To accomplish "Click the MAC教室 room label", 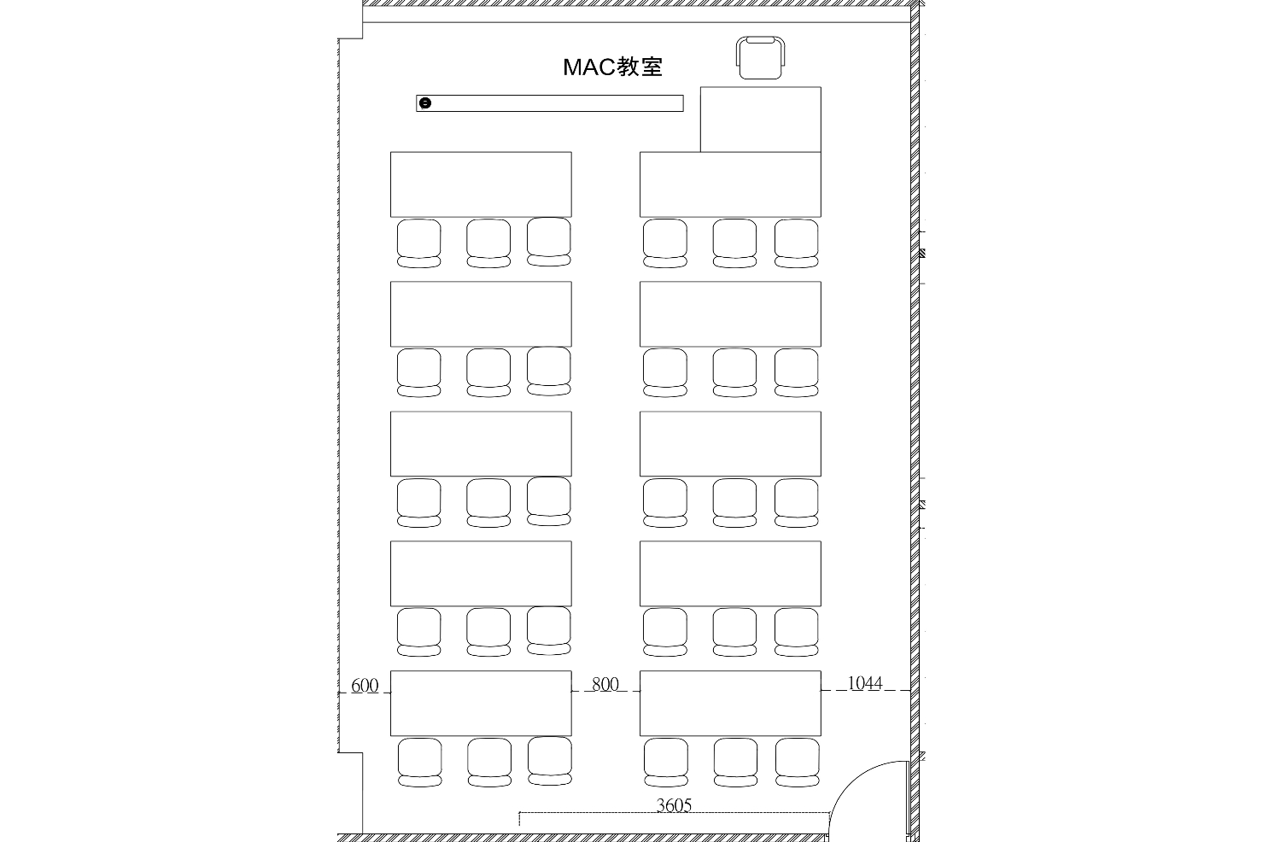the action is pyautogui.click(x=612, y=67).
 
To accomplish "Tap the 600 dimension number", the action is pyautogui.click(x=365, y=685).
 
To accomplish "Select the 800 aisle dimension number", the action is pyautogui.click(x=605, y=684).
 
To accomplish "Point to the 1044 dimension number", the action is pyautogui.click(x=865, y=683).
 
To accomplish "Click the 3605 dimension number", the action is pyautogui.click(x=674, y=805).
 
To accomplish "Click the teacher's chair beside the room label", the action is pyautogui.click(x=760, y=57).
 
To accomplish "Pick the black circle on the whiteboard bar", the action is pyautogui.click(x=426, y=103).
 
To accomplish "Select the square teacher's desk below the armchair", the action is pyautogui.click(x=761, y=119).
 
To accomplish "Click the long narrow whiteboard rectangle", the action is pyautogui.click(x=550, y=103).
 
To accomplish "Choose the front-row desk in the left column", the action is pyautogui.click(x=481, y=184).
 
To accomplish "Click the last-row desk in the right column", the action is pyautogui.click(x=730, y=704).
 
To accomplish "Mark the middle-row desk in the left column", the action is pyautogui.click(x=481, y=444).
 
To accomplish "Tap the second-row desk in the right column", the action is pyautogui.click(x=730, y=314).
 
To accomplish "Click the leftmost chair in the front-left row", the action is pyautogui.click(x=419, y=243).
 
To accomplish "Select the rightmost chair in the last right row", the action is pyautogui.click(x=798, y=762).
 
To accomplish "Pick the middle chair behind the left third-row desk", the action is pyautogui.click(x=488, y=502).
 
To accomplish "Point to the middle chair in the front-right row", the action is pyautogui.click(x=734, y=243).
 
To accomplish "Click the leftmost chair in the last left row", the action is pyautogui.click(x=420, y=762).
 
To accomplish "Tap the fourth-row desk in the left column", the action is pyautogui.click(x=481, y=574).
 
